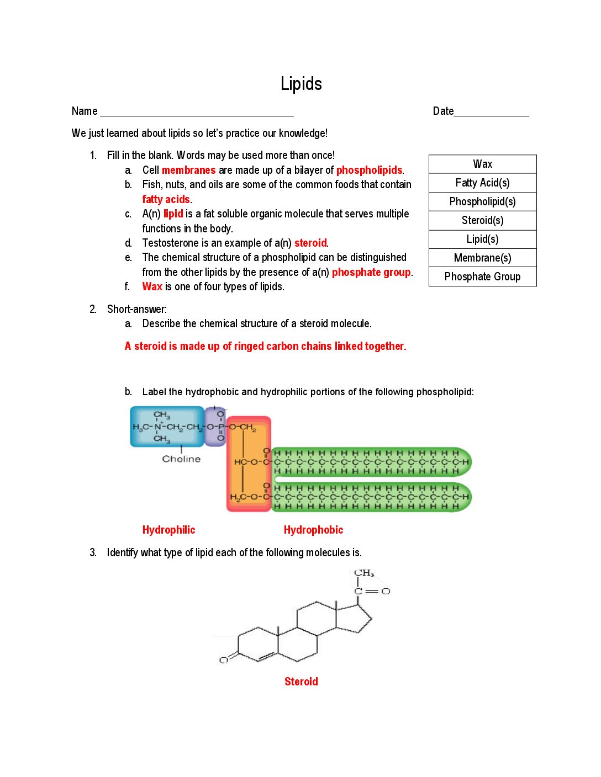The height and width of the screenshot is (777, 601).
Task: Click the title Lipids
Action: (301, 84)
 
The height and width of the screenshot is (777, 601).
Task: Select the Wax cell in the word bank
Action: (482, 164)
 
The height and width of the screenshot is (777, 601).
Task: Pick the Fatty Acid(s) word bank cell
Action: (482, 183)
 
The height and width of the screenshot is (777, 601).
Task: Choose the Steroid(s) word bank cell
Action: (482, 220)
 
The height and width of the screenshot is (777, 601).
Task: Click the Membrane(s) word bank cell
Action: (482, 258)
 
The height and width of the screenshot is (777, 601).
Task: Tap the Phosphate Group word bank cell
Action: (482, 276)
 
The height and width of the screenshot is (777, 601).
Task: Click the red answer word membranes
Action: (188, 170)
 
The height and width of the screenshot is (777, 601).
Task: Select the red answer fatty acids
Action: (166, 199)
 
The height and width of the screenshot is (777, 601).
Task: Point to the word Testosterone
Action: (168, 243)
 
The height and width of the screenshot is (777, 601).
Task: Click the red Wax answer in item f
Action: (152, 286)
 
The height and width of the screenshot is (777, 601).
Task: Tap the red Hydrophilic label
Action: (168, 530)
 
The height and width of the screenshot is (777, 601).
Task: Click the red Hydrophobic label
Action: (313, 530)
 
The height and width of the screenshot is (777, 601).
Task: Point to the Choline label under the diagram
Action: (181, 459)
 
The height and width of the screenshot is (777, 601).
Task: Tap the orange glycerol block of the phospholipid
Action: (249, 464)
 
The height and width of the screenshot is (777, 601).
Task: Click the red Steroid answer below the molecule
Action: (301, 682)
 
